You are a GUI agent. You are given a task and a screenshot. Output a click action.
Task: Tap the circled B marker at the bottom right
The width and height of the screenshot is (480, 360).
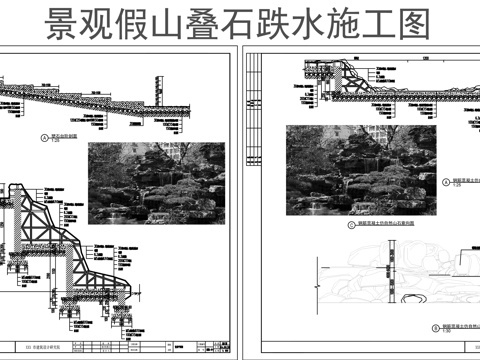pos(420,326)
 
